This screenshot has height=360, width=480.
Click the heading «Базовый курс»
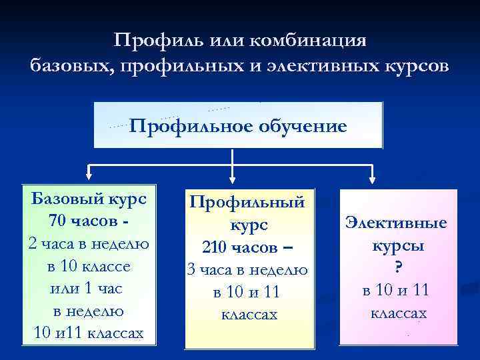pyautogui.click(x=89, y=199)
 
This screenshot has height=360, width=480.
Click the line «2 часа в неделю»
pyautogui.click(x=89, y=243)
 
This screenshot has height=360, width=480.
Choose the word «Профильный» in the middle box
pyautogui.click(x=248, y=201)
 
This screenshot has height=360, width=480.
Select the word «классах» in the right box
pyautogui.click(x=398, y=313)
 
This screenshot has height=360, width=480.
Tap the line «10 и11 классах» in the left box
pyautogui.click(x=89, y=333)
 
